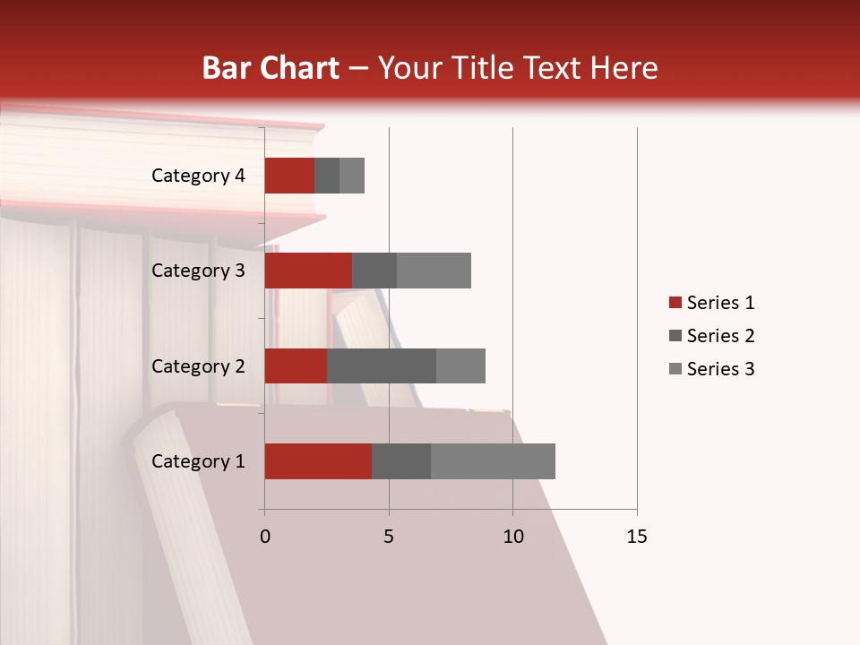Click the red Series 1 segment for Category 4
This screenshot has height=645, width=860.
click(x=289, y=176)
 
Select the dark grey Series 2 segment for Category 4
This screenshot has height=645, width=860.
click(x=327, y=176)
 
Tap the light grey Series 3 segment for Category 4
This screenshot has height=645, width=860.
click(x=352, y=176)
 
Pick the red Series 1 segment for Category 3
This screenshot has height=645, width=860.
click(x=308, y=271)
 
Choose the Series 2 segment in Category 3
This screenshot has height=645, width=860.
click(x=374, y=271)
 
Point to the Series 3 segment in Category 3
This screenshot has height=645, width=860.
click(x=434, y=271)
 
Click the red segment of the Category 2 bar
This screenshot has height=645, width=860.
click(x=296, y=365)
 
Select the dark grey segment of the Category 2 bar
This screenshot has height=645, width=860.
click(x=382, y=365)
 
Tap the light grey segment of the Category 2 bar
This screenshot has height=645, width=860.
click(x=460, y=365)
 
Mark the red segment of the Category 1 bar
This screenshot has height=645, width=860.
click(x=318, y=461)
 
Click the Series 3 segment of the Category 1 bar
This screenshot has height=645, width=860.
click(x=493, y=461)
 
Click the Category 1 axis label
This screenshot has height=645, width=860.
click(x=198, y=461)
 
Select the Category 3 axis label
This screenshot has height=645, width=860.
click(x=198, y=271)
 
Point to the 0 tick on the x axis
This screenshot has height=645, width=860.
click(x=265, y=537)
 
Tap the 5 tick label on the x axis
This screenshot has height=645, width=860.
click(x=389, y=537)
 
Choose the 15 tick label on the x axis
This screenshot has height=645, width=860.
click(x=637, y=537)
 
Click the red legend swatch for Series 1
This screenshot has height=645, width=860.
click(x=675, y=303)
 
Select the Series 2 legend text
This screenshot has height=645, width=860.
click(x=720, y=336)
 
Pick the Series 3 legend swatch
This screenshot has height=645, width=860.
click(x=675, y=369)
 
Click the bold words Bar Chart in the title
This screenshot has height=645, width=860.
click(x=271, y=68)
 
